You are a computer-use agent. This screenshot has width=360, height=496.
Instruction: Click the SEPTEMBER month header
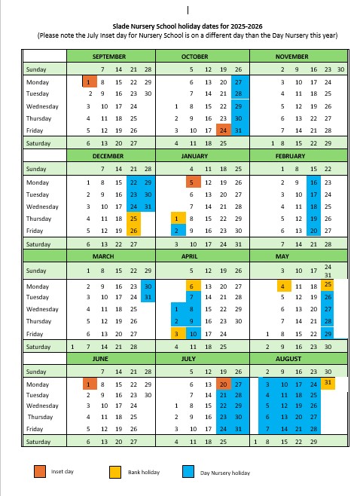point(110,57)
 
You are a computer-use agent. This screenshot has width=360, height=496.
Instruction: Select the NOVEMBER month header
point(291,57)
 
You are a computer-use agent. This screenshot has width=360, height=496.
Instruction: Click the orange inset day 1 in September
point(89,81)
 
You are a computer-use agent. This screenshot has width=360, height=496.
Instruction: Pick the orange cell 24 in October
point(223,130)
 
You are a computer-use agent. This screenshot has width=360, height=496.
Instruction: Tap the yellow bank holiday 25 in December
point(133,219)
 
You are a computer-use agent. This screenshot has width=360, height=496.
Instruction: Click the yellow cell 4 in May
point(282,286)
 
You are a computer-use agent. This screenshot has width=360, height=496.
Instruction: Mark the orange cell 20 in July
point(223,385)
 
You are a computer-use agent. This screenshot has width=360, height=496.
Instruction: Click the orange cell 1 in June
point(89,385)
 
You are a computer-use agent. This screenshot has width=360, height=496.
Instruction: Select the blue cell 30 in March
point(148,286)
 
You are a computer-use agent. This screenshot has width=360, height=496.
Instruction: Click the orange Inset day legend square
point(38,472)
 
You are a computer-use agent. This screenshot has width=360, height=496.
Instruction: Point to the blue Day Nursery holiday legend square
point(188,472)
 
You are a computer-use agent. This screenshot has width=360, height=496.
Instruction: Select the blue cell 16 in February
point(313,182)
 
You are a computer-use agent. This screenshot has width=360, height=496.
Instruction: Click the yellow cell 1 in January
point(176,219)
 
